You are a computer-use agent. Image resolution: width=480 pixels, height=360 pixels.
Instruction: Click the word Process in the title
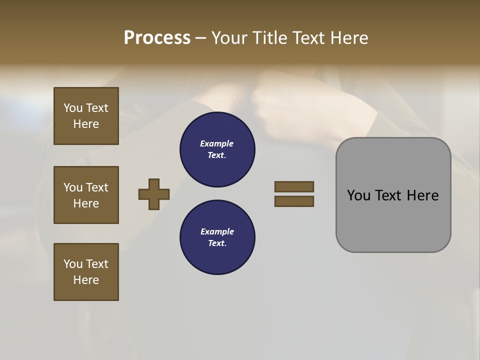[x=157, y=38]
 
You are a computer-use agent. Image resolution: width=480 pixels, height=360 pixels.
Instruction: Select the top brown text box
[x=86, y=116]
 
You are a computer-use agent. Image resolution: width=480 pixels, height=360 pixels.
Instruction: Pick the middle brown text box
[x=86, y=195]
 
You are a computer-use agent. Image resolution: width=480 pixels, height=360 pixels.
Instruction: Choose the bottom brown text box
[x=86, y=272]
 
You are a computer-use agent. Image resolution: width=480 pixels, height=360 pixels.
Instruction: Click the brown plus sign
[x=154, y=194]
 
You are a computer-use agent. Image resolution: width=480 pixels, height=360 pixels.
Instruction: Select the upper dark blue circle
[x=217, y=149]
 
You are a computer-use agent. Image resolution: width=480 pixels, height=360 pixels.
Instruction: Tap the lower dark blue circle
[x=217, y=237]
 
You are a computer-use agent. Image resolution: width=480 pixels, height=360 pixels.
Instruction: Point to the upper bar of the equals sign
[x=294, y=186]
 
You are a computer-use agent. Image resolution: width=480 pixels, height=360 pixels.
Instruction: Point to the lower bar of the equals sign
[x=294, y=201]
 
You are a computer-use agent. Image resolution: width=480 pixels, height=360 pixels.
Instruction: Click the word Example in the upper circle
[x=217, y=143]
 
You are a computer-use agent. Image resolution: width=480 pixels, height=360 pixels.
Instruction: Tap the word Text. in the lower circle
[x=217, y=243]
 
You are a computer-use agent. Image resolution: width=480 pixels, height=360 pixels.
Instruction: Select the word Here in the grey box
[x=422, y=195]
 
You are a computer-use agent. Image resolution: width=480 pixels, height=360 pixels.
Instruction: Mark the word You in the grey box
[x=359, y=195]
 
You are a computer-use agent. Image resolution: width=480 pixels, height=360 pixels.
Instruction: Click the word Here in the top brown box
[x=86, y=124]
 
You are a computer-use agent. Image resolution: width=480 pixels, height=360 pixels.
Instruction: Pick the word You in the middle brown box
[x=73, y=187]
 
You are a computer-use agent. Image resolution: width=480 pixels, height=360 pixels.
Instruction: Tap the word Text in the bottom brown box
[x=97, y=264]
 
